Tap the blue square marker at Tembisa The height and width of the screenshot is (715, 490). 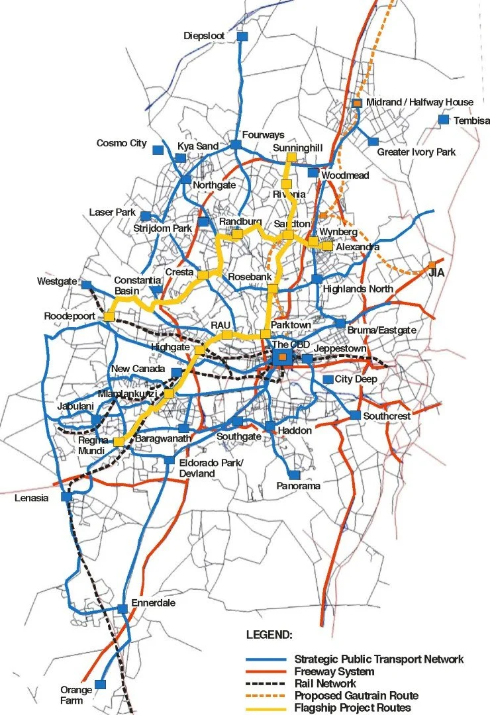click(443, 120)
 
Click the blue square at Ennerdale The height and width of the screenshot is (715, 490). click(122, 608)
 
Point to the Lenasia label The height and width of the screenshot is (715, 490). click(30, 498)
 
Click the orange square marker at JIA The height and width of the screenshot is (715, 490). click(432, 264)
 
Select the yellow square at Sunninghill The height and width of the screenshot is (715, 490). click(291, 158)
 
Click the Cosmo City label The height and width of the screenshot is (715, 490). click(121, 143)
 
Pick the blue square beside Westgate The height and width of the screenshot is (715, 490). click(87, 285)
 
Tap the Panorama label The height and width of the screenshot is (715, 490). click(298, 486)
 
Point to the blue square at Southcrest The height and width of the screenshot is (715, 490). click(355, 415)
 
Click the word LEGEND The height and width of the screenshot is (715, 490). click(269, 635)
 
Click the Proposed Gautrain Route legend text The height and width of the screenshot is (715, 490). click(356, 695)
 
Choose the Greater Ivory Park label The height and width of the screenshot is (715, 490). click(416, 152)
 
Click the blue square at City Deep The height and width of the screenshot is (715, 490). click(328, 379)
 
